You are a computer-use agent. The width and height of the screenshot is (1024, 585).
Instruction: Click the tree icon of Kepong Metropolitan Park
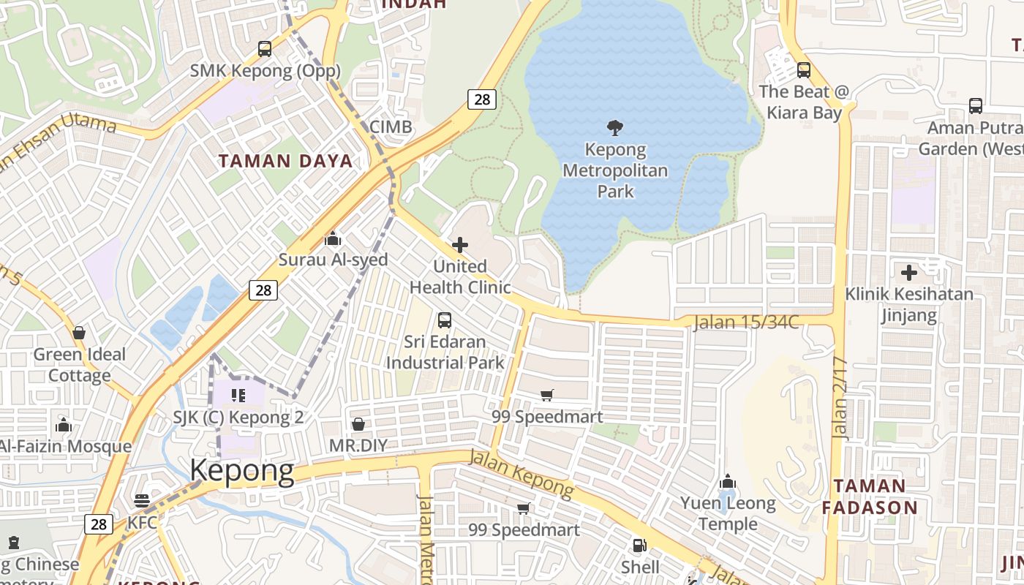(x=615, y=128)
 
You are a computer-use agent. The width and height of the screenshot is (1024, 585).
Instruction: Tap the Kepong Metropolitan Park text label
(x=615, y=171)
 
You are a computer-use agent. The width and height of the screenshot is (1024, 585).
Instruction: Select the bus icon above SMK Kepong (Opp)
(x=265, y=49)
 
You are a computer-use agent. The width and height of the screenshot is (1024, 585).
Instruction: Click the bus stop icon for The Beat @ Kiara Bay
(x=804, y=70)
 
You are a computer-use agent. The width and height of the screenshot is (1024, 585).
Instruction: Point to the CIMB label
(x=391, y=127)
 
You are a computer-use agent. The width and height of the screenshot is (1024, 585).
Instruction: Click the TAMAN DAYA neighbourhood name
(x=285, y=161)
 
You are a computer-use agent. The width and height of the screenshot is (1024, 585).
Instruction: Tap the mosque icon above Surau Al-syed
(x=333, y=238)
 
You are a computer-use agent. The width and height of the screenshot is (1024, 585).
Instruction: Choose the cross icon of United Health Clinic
(x=460, y=244)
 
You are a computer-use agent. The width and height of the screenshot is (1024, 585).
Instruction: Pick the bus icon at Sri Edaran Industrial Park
(x=444, y=320)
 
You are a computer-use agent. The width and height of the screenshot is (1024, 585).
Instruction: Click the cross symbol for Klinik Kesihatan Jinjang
(x=909, y=273)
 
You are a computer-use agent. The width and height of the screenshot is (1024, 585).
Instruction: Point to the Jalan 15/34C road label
(x=746, y=322)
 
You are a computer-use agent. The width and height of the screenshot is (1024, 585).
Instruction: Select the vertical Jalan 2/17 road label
(x=840, y=398)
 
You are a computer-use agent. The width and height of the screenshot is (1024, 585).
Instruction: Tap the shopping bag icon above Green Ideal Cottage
(x=79, y=333)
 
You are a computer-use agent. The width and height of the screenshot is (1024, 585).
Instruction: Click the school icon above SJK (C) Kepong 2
(x=238, y=396)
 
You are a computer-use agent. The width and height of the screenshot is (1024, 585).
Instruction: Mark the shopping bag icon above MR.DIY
(x=358, y=424)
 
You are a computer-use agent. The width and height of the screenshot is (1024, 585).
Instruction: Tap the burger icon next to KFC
(x=142, y=501)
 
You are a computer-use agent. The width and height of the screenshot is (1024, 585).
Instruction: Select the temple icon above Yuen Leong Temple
(x=727, y=481)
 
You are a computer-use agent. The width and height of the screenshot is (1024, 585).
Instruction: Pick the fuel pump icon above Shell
(x=640, y=545)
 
